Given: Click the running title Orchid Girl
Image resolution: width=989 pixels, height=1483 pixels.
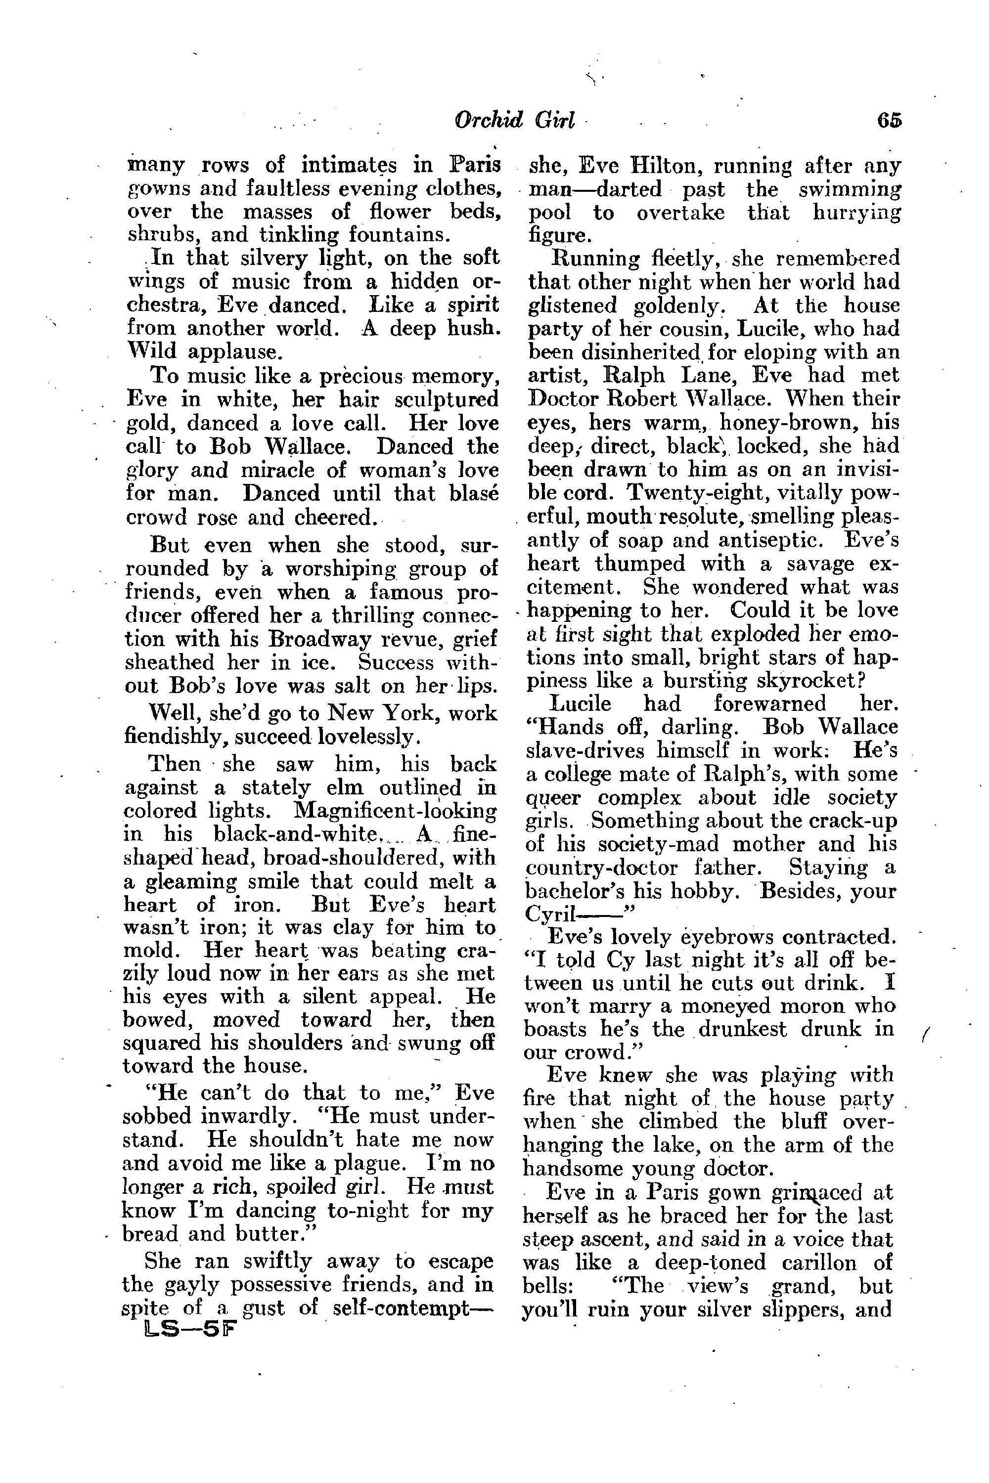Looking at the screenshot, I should (514, 120).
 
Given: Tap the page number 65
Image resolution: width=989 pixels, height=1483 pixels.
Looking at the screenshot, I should (888, 120).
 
